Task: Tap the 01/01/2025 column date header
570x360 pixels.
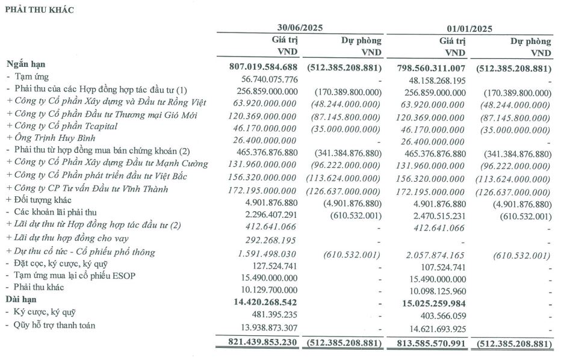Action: click(469, 28)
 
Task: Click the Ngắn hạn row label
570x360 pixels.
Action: click(26, 64)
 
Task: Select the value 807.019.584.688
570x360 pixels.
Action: click(264, 66)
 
